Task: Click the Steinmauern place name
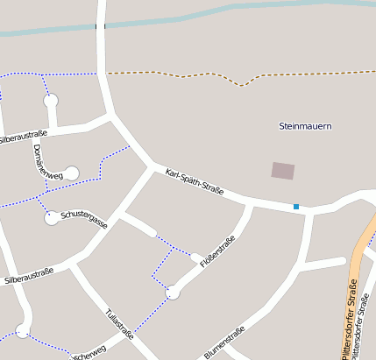pos(305,126)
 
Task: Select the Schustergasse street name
pos(84,219)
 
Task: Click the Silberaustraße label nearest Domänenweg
pos(21,137)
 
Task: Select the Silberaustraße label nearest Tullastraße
pos(28,275)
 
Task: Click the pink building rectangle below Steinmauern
pos(283,171)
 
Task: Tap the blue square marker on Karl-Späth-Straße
pos(296,207)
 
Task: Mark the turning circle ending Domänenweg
pos(72,173)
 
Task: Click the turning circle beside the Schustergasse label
pos(52,217)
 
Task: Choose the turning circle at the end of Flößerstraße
pos(174,293)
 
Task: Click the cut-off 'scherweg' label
pos(89,354)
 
